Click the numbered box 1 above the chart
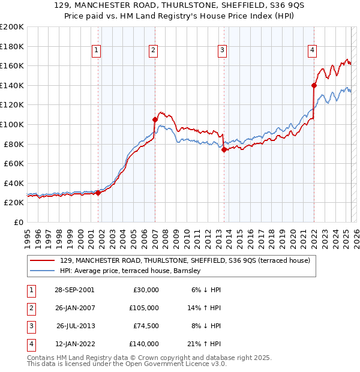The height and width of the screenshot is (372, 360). coord(97,51)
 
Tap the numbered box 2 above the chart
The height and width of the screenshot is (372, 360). coord(154,51)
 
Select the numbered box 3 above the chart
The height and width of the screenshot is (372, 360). coord(222,51)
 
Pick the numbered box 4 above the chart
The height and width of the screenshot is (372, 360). coord(313,51)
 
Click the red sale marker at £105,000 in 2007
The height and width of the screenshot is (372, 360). coord(155,119)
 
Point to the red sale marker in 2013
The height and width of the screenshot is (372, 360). coord(224,149)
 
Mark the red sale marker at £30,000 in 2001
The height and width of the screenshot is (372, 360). coord(98,193)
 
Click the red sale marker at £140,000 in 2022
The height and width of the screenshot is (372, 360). coord(314,85)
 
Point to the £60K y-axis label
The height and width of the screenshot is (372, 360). coord(14,163)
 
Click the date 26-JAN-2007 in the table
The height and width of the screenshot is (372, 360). coord(75,308)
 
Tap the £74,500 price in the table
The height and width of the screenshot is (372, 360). coord(145,326)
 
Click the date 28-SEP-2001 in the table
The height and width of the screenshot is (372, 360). coord(75,290)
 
